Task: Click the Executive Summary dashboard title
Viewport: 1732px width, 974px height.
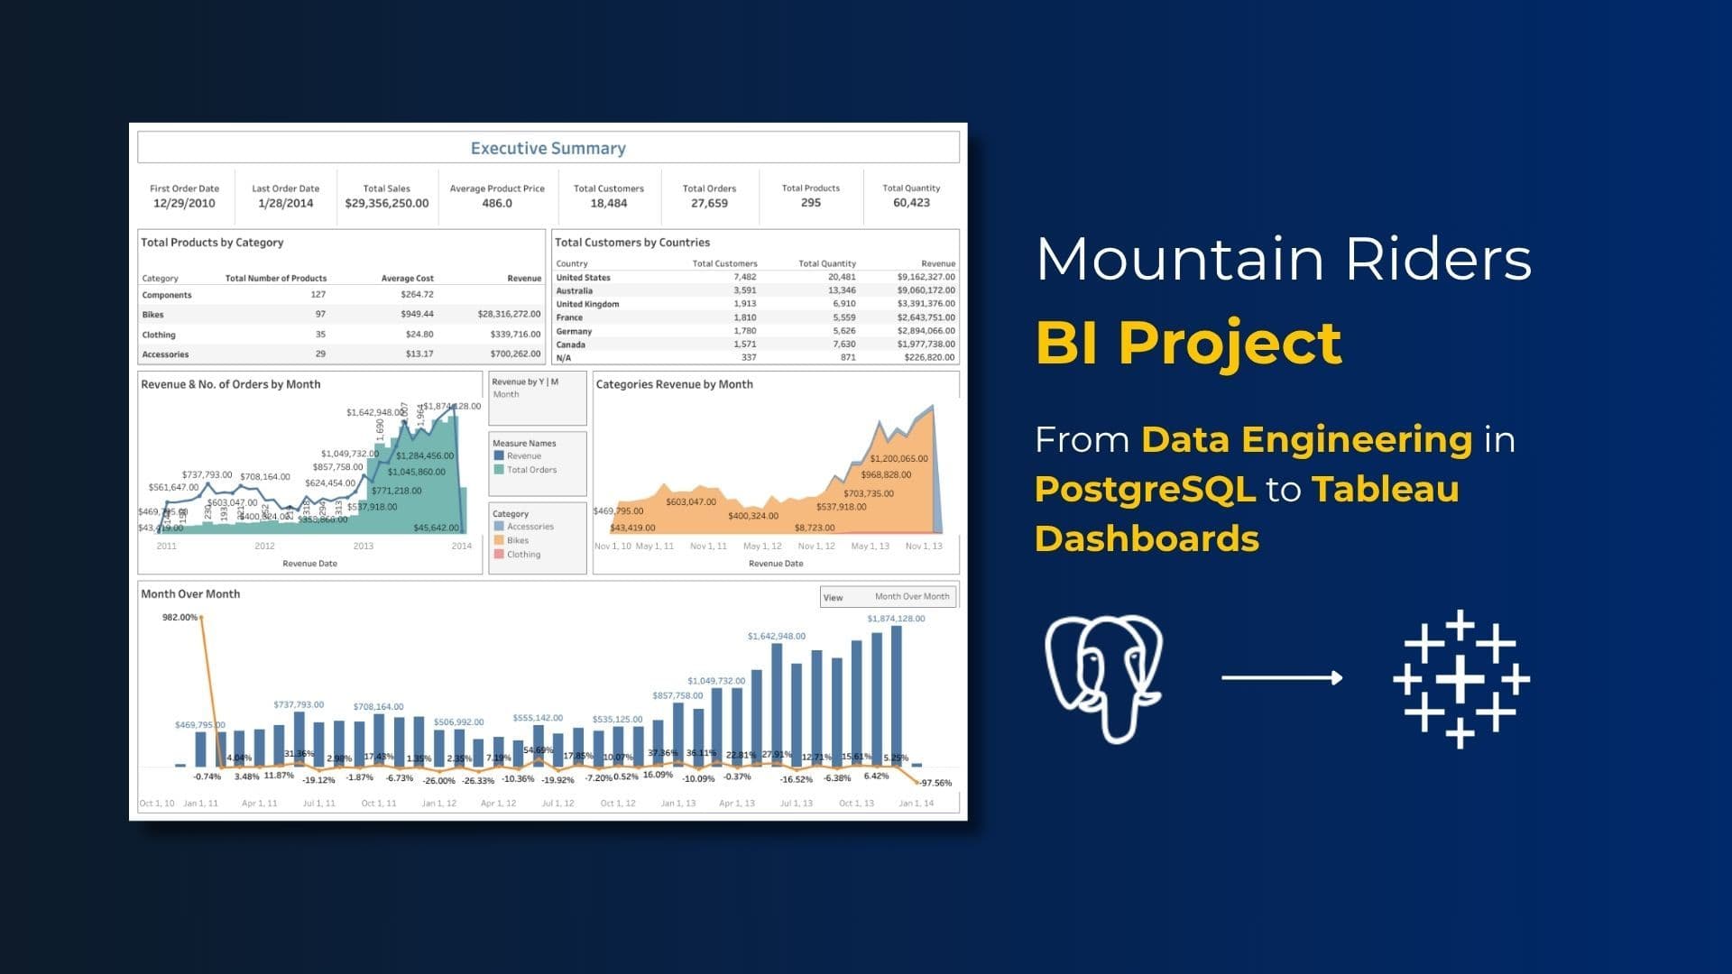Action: pos(548,148)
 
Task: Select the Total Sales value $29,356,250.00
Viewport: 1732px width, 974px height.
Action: pos(386,203)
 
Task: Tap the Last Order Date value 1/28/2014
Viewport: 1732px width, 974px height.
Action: pos(285,203)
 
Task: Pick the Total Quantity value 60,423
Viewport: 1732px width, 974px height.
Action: pos(911,203)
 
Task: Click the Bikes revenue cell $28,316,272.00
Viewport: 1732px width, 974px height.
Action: pos(509,315)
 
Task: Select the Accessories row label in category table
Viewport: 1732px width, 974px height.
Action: pos(165,354)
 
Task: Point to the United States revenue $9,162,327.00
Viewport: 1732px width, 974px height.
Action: pos(926,277)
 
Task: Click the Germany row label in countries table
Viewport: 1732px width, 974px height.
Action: pos(574,331)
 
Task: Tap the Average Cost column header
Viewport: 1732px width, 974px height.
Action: pos(407,278)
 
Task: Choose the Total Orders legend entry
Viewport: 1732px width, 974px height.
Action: pos(530,470)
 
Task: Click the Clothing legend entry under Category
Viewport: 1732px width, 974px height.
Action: pos(523,555)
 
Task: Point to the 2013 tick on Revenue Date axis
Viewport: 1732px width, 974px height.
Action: pos(363,546)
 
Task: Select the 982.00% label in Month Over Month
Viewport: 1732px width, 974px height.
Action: pos(179,618)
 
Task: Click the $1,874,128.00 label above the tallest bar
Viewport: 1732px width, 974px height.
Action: pos(895,619)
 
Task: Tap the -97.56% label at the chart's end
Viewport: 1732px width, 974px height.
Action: pos(935,783)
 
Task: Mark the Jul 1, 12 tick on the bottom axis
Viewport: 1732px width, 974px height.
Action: pos(557,803)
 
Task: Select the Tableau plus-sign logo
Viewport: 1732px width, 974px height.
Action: pos(1460,678)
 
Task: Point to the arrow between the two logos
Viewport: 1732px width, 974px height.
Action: pos(1282,677)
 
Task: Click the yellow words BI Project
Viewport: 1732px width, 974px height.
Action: pos(1188,343)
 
